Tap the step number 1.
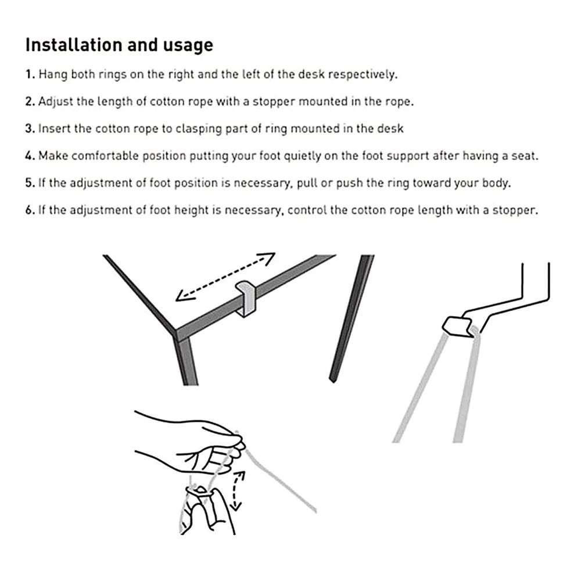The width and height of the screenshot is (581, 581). click(29, 75)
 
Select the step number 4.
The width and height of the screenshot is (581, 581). click(30, 156)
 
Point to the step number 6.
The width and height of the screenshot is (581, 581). click(30, 210)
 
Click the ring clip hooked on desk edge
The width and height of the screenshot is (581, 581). click(246, 297)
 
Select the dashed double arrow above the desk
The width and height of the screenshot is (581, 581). click(225, 277)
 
